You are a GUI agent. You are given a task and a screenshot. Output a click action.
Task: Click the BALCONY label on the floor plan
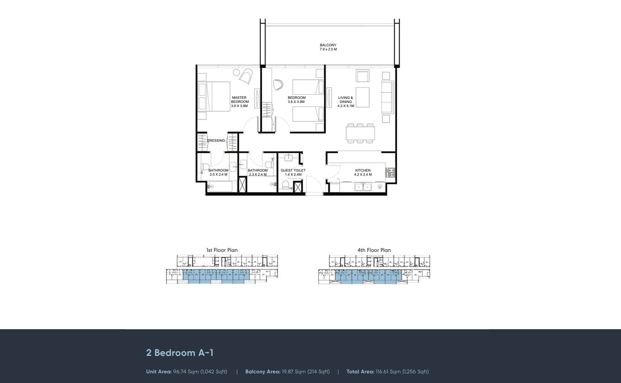(328, 45)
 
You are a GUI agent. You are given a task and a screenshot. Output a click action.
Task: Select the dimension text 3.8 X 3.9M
(297, 102)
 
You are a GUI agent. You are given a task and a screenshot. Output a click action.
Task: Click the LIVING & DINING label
(345, 99)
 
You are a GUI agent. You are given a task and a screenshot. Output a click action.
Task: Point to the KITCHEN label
(362, 170)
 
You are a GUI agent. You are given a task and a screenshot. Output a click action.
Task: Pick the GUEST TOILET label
(293, 170)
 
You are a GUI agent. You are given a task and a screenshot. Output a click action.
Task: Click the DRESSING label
(216, 140)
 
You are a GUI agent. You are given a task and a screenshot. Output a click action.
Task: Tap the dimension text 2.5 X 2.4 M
(218, 175)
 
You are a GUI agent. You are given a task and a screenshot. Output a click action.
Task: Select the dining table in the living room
(360, 134)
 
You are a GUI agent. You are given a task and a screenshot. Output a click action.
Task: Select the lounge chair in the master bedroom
(245, 76)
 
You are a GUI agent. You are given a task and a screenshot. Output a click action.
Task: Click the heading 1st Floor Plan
(221, 250)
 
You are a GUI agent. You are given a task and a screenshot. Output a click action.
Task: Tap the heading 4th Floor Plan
(374, 250)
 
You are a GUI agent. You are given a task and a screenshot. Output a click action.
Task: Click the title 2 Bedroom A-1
(180, 353)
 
